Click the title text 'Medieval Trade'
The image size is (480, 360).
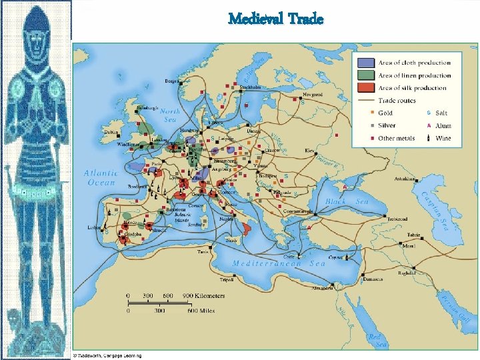[275, 19]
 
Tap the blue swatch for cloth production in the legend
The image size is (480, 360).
[365, 63]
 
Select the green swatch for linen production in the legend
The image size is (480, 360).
[365, 75]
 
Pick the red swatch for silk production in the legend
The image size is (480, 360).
[365, 88]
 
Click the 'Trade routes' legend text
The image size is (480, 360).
[397, 101]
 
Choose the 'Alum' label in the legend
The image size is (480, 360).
[443, 125]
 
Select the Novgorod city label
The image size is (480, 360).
[313, 95]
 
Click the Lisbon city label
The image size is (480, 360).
[94, 227]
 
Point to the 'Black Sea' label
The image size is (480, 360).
[347, 201]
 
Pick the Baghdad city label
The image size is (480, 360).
[407, 273]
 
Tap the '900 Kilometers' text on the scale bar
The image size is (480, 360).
[206, 295]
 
